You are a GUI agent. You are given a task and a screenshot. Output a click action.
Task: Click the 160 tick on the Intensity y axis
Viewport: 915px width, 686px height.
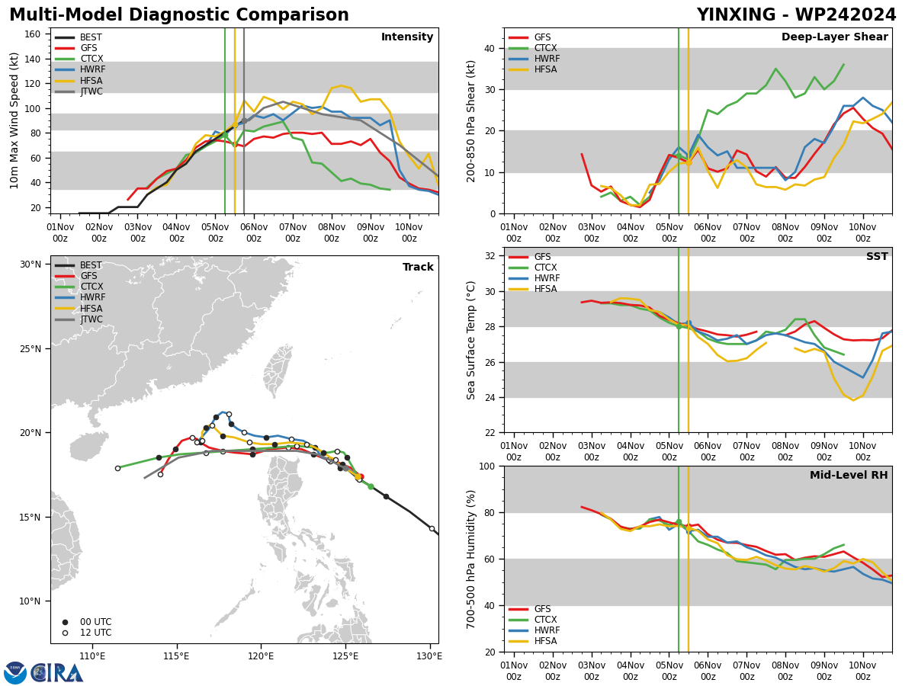pos(32,34)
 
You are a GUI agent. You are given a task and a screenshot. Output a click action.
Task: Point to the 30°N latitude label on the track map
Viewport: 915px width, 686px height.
pos(30,264)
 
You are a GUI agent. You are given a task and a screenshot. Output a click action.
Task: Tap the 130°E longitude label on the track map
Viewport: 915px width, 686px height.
pos(430,656)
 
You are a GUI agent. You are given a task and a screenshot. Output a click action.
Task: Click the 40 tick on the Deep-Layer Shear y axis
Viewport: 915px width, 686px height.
pos(490,48)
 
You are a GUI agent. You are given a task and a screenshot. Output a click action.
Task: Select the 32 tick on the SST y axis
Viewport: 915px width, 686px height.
pos(490,256)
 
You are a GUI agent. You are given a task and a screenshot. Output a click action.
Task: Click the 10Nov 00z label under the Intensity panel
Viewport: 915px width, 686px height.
pos(409,232)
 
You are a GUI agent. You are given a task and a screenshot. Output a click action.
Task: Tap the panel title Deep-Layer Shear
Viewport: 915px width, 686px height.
pos(834,37)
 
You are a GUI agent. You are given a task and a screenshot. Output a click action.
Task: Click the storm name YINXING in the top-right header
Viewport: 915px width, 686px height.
pos(736,15)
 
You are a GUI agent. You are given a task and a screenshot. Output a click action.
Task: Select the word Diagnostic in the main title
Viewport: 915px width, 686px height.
pos(179,15)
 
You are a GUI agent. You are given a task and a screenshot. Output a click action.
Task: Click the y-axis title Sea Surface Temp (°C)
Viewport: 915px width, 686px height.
pos(471,340)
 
